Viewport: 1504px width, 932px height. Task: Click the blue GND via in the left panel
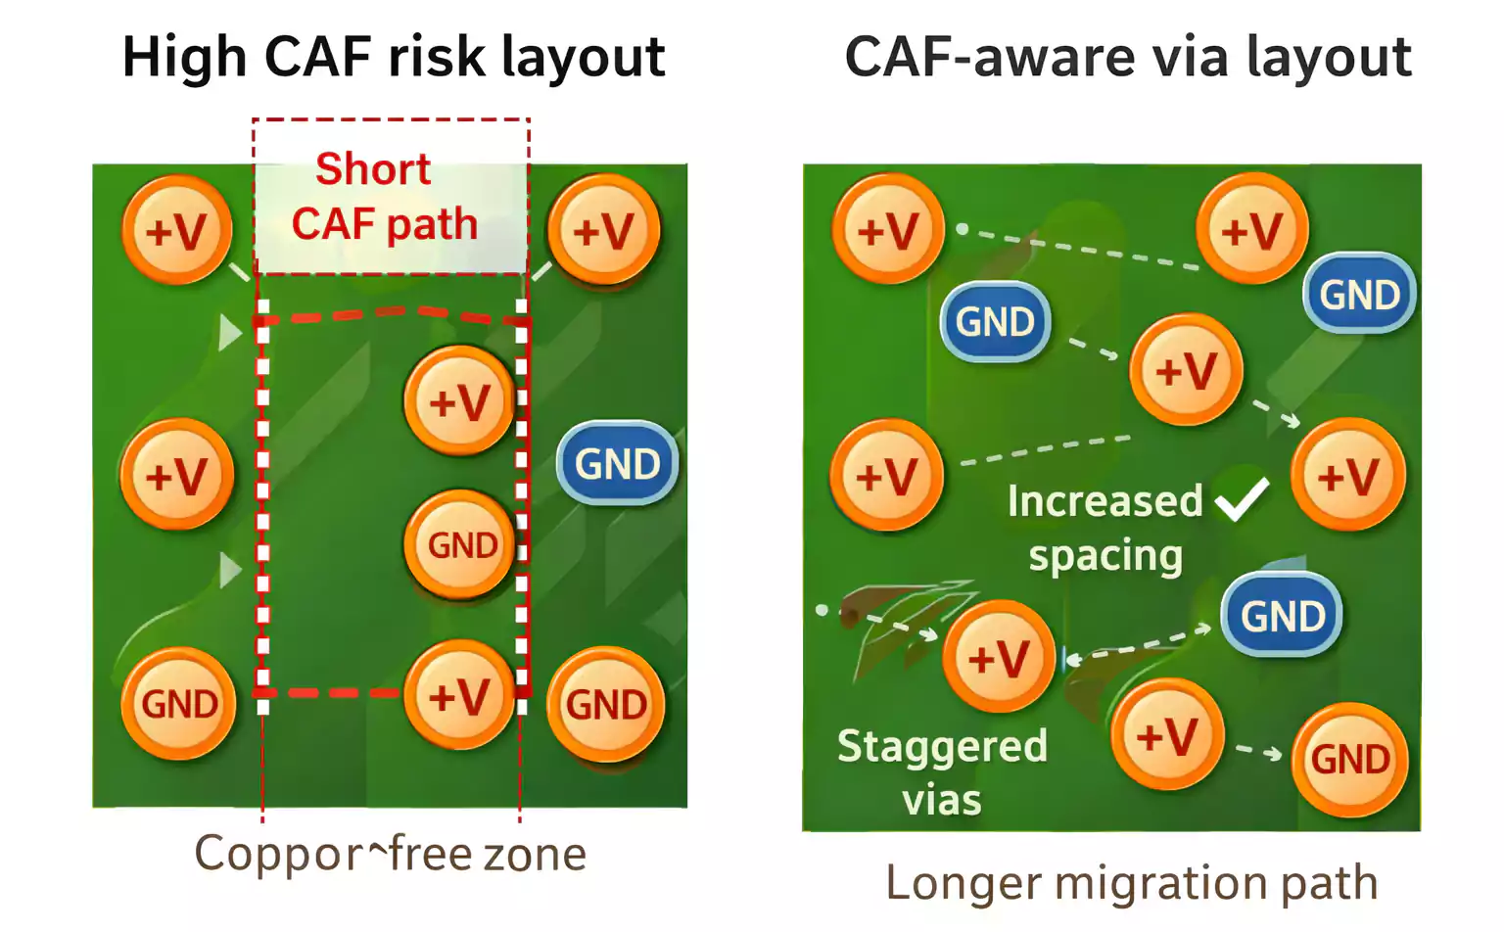coord(617,463)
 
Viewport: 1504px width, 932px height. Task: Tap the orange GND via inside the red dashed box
coord(459,544)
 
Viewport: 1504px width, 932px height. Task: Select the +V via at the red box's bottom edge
coord(459,695)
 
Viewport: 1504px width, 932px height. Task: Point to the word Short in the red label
coord(373,169)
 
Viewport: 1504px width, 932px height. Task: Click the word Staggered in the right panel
coord(942,747)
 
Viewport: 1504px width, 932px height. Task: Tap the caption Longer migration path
coord(1131,882)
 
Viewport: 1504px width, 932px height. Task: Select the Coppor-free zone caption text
coord(390,854)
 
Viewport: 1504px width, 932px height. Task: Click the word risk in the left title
coord(438,57)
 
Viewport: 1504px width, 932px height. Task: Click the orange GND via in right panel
coord(1349,759)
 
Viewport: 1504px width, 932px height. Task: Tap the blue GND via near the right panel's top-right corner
coord(1359,294)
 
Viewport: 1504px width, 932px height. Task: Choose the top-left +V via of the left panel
coord(177,231)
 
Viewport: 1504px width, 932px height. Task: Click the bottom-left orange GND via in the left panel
coord(178,703)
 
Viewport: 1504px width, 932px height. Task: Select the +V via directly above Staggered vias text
coord(998,657)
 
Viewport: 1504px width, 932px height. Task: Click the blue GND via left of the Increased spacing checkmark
coord(995,322)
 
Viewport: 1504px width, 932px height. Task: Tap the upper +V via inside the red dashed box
coord(459,400)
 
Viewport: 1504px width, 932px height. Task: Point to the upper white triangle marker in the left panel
coord(229,332)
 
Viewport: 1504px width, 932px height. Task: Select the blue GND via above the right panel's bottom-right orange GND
coord(1282,616)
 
